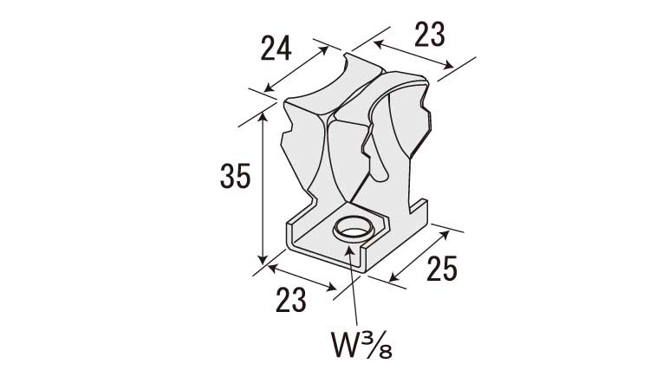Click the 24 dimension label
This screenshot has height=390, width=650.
click(x=276, y=48)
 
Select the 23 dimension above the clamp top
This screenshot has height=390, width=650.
click(x=430, y=35)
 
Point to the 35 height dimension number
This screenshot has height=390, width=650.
click(x=235, y=176)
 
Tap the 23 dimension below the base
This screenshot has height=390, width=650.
click(x=291, y=300)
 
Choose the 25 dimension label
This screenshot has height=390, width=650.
click(x=441, y=269)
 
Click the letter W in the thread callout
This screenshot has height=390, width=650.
click(x=344, y=345)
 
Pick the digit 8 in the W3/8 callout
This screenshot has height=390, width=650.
click(x=386, y=352)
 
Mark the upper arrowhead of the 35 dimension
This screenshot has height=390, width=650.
click(x=262, y=118)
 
